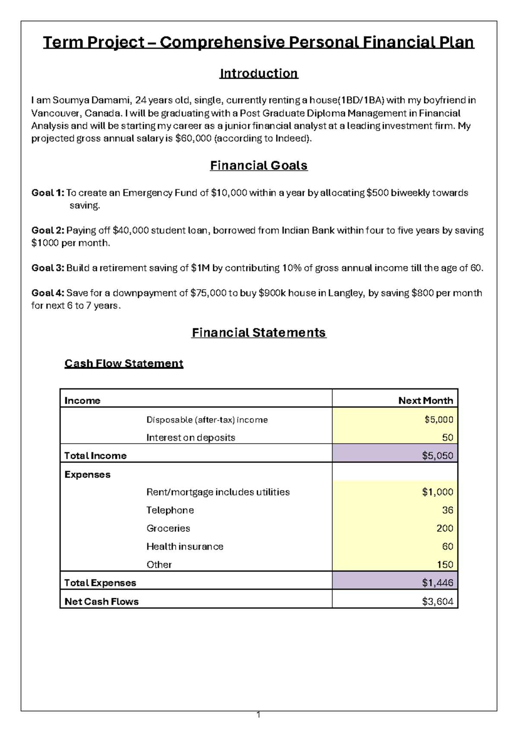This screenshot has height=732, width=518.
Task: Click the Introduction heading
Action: click(259, 73)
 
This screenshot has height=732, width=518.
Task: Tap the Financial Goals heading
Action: click(259, 166)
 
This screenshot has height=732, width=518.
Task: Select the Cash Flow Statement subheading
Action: click(124, 363)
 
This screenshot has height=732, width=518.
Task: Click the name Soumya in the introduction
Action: click(69, 101)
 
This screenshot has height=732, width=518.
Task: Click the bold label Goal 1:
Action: click(47, 193)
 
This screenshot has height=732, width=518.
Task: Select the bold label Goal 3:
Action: click(47, 268)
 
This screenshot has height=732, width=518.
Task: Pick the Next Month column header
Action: click(425, 401)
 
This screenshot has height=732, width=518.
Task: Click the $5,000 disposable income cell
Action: click(439, 420)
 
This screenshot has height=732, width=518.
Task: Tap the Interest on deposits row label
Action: click(190, 438)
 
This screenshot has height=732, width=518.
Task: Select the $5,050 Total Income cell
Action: click(437, 456)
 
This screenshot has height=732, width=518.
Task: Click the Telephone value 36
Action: click(447, 510)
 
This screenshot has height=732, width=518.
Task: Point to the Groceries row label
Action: click(168, 528)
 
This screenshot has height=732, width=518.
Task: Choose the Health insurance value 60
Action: click(447, 546)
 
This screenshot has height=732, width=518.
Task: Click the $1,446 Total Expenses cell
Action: click(437, 583)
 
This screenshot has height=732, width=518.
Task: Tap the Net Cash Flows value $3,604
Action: click(437, 602)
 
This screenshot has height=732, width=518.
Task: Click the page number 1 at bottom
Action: click(258, 716)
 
